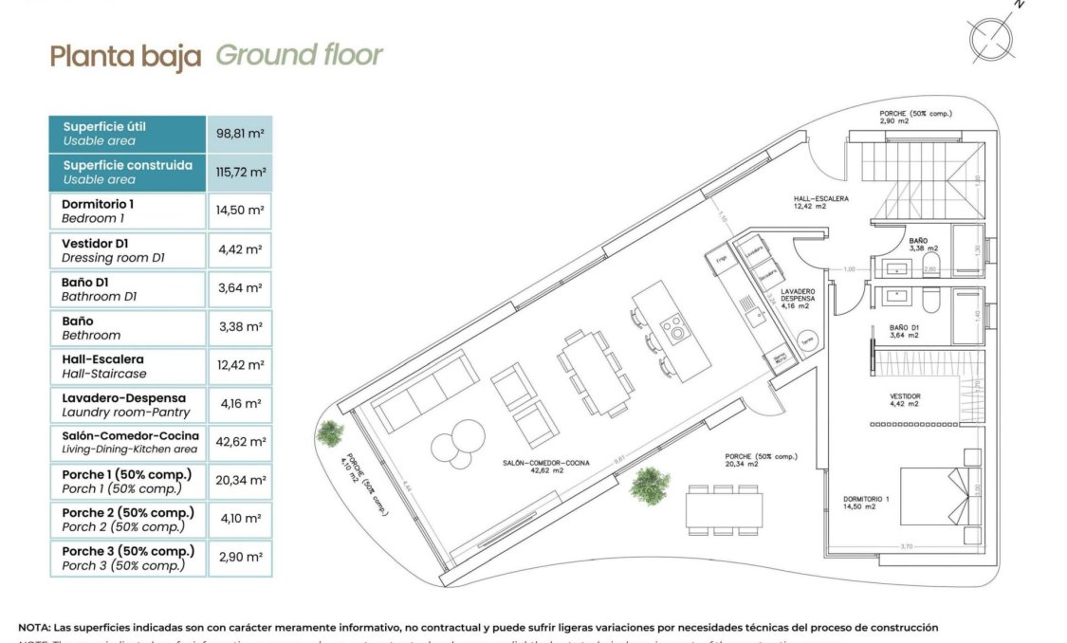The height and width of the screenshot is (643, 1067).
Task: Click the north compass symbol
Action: [x=992, y=37]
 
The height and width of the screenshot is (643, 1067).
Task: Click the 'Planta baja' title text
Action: [x=125, y=56]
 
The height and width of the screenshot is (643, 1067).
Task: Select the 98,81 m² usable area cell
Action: [x=240, y=134]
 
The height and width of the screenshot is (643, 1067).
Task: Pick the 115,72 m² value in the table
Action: [x=240, y=172]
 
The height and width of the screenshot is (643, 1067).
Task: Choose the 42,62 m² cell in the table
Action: [x=240, y=442]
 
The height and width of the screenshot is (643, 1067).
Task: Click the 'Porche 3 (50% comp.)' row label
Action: [x=127, y=558]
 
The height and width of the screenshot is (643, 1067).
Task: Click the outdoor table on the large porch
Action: [x=724, y=509]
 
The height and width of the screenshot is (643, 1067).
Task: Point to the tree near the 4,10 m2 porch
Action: [x=330, y=433]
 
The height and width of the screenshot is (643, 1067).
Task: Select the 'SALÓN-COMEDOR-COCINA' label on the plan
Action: [x=546, y=464]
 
